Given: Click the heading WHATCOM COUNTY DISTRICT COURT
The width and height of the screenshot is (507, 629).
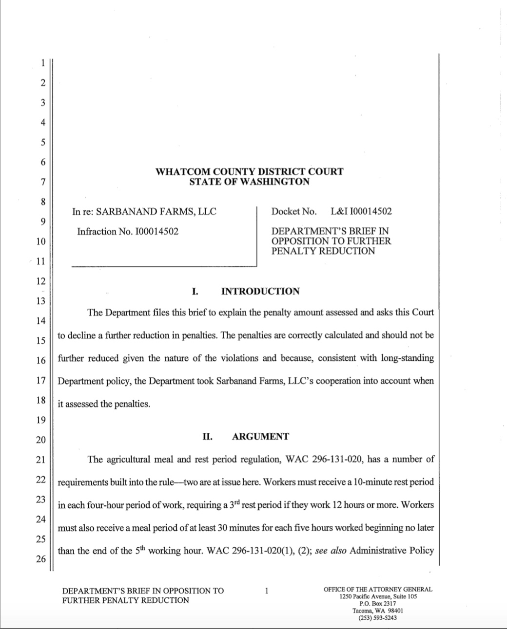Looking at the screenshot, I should tap(249, 171).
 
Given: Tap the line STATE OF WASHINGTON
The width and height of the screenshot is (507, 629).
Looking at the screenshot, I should tap(249, 182).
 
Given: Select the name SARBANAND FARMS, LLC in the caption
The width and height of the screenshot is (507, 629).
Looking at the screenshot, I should tap(156, 211).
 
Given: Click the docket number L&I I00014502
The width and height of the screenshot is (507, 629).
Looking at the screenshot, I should tap(361, 211).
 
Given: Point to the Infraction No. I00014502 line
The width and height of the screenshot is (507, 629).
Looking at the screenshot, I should tap(128, 231).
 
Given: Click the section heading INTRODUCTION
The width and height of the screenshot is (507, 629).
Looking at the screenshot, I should tap(260, 292).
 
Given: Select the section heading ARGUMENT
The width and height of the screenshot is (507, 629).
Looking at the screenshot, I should tap(260, 437).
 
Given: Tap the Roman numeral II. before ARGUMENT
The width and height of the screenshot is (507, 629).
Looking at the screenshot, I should tap(207, 437).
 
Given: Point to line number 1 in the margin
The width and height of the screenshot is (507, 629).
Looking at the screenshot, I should tap(42, 62).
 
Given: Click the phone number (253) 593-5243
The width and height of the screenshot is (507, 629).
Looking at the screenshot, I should tap(377, 618).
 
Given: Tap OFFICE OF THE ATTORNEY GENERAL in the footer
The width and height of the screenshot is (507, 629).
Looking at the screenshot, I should tap(378, 589).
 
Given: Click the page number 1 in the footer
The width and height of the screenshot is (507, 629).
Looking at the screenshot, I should tap(266, 592).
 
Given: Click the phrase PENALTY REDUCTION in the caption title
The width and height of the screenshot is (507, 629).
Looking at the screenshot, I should tap(323, 251).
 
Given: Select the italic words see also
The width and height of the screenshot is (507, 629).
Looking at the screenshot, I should tap(331, 551).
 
